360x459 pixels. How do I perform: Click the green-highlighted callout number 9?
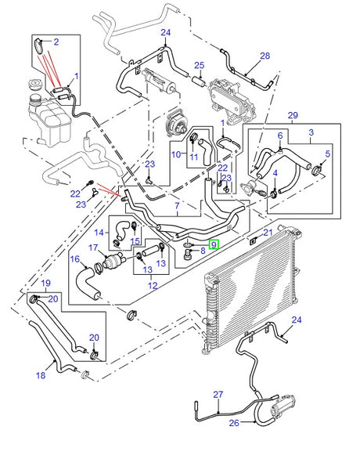tap(214, 246)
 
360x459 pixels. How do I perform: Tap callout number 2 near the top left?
tap(56, 41)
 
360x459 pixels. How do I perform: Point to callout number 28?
tap(264, 56)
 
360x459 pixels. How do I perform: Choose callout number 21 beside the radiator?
tap(267, 233)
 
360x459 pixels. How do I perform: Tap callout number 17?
tap(92, 249)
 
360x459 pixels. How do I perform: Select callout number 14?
tap(99, 233)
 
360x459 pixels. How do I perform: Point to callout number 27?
tap(218, 394)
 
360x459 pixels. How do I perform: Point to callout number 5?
tap(327, 155)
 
